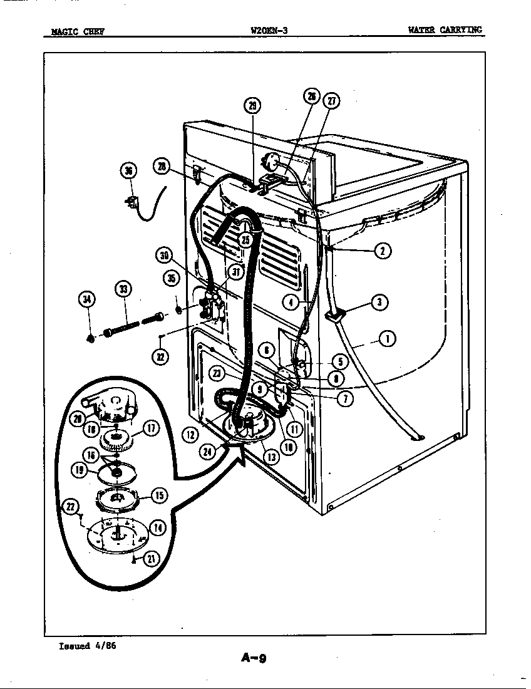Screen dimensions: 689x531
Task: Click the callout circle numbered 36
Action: click(128, 171)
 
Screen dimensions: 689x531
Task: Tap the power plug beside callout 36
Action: click(132, 204)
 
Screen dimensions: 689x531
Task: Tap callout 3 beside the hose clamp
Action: click(379, 303)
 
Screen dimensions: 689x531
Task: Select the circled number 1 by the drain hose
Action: click(388, 339)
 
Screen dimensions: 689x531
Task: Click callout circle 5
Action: click(339, 361)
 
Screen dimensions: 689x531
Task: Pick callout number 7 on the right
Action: click(344, 397)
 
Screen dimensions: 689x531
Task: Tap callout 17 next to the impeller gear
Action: click(152, 429)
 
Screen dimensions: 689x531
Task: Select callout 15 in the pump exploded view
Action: click(159, 495)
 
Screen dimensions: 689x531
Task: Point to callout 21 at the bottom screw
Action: click(151, 559)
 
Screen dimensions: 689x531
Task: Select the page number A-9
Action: click(254, 657)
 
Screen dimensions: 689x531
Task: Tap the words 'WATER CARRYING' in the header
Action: click(445, 29)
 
